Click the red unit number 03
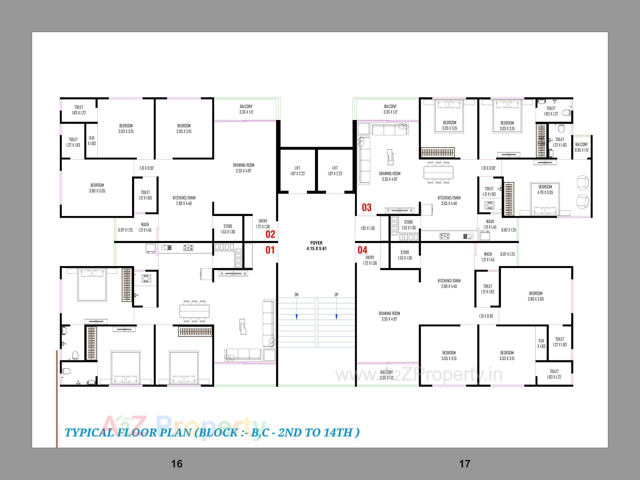(x=367, y=207)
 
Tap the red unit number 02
(x=270, y=234)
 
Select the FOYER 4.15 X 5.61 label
(x=316, y=246)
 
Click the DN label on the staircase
(x=296, y=295)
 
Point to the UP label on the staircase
(x=336, y=295)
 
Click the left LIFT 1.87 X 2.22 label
(x=297, y=171)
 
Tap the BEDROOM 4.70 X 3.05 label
(x=545, y=189)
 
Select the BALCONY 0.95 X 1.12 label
(x=582, y=147)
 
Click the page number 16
(x=177, y=464)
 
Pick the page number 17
(x=465, y=464)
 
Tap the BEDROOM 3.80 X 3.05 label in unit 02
(x=97, y=188)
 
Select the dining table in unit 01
(x=194, y=311)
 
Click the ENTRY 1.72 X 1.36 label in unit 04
(x=370, y=260)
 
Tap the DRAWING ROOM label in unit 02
(x=243, y=168)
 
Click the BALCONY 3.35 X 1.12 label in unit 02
(x=246, y=109)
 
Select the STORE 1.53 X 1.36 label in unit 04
(x=405, y=255)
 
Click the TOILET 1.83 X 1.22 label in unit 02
(x=79, y=110)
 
